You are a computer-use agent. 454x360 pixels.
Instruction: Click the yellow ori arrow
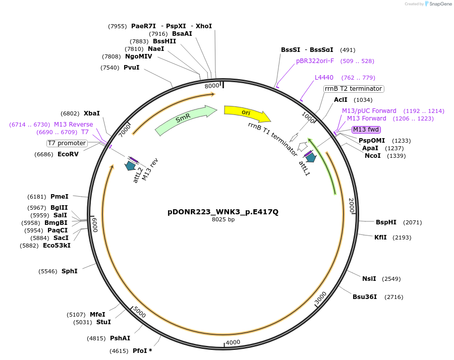click(x=246, y=113)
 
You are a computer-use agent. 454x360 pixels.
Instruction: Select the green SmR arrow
click(x=184, y=119)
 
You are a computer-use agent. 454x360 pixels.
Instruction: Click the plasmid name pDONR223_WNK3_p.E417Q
click(x=223, y=212)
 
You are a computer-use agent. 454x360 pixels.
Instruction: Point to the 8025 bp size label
click(x=223, y=219)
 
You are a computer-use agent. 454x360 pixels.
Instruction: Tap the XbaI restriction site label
click(x=92, y=113)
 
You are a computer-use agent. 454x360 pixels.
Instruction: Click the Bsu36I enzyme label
click(x=365, y=296)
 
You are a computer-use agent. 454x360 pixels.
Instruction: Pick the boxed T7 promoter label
click(x=67, y=143)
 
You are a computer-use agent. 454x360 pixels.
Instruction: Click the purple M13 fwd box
click(x=366, y=130)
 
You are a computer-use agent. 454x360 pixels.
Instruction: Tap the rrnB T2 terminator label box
click(x=353, y=89)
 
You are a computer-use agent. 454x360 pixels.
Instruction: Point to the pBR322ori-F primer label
click(x=315, y=61)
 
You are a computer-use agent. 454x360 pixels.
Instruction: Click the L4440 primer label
click(x=324, y=78)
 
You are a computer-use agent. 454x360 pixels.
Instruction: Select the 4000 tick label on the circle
click(x=233, y=342)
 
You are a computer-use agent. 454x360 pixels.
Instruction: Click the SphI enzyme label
click(x=70, y=271)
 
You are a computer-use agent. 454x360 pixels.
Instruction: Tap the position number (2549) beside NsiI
click(x=392, y=278)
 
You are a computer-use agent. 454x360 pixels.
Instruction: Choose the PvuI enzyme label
click(x=131, y=68)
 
